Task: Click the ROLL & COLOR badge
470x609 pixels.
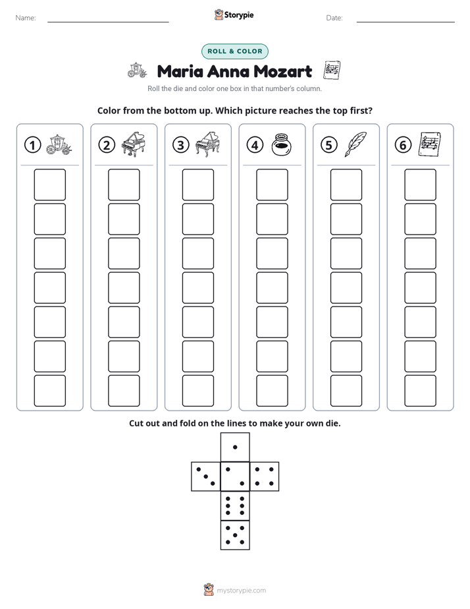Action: point(234,51)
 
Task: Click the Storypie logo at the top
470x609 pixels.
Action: point(234,15)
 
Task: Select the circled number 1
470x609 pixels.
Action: point(32,145)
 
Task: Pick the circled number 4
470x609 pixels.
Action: point(255,145)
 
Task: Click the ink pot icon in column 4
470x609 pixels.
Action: point(281,144)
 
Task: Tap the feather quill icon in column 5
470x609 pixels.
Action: point(355,144)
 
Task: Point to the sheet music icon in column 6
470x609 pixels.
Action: point(430,144)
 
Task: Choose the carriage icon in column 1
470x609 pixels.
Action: point(59,145)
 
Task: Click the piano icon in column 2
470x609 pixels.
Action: point(134,144)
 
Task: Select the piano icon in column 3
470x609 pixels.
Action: point(207,144)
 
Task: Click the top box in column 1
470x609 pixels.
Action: point(49,185)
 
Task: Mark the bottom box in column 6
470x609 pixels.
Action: point(420,391)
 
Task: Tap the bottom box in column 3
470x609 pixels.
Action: point(197,391)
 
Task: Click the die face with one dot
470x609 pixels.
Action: point(235,448)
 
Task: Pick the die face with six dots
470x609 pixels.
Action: point(235,506)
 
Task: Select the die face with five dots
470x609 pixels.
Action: point(235,535)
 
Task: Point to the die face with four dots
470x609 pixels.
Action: point(265,477)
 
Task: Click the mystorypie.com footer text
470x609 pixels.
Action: point(241,591)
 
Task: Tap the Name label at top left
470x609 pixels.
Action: point(26,18)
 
